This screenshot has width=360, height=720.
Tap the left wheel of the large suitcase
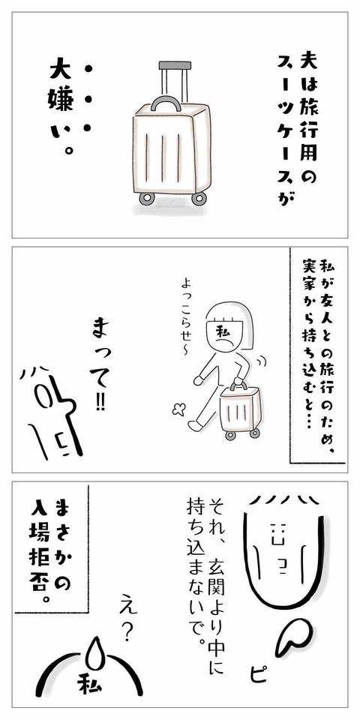point(147,199)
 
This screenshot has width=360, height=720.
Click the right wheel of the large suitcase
point(199,199)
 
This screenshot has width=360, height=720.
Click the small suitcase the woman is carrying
point(238,409)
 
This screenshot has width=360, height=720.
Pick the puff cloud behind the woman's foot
point(178,409)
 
